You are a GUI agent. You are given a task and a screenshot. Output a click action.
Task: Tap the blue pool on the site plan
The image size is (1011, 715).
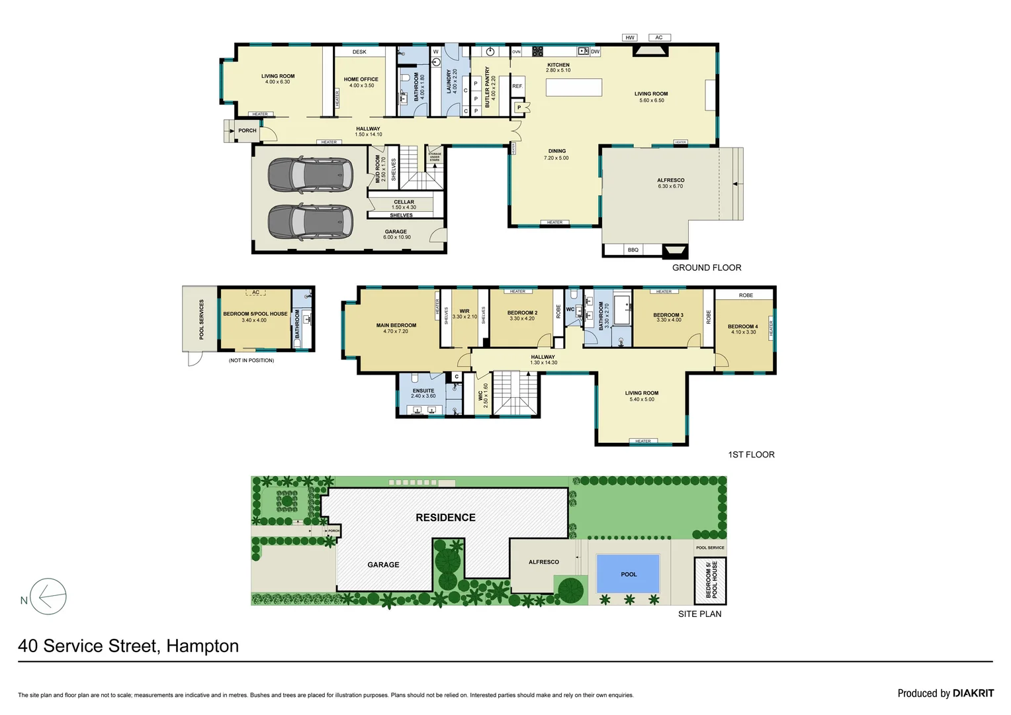[x=628, y=573]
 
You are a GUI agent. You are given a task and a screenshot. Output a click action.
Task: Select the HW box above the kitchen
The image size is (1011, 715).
[x=630, y=38]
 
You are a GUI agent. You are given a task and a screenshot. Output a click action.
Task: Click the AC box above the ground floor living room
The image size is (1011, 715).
[x=659, y=38]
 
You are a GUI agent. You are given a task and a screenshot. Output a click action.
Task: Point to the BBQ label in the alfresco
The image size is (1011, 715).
[x=633, y=250]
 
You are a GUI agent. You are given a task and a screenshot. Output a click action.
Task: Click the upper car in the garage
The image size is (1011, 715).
[x=310, y=175]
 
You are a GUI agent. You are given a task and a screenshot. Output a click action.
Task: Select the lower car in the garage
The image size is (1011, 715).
[x=310, y=221]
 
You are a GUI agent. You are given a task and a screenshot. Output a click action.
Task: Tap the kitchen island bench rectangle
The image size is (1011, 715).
[x=574, y=87]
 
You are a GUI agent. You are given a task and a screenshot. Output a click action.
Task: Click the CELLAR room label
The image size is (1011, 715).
[x=404, y=202]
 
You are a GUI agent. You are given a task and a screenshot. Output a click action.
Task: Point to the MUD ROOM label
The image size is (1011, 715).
[x=378, y=169]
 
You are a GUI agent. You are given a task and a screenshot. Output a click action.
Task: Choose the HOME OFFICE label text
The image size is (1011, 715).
[x=361, y=79]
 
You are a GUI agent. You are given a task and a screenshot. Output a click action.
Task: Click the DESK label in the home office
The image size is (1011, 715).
[x=359, y=52]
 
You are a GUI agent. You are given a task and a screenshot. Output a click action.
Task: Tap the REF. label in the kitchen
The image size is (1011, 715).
[x=517, y=86]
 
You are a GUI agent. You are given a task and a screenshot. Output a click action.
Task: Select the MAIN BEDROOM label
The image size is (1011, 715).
[x=396, y=325]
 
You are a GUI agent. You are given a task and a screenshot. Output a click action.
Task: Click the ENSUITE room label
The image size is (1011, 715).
[x=423, y=391]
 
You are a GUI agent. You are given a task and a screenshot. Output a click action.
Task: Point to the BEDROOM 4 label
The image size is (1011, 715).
[x=742, y=326]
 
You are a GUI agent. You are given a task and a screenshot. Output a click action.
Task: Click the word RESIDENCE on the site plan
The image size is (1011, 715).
[x=445, y=518]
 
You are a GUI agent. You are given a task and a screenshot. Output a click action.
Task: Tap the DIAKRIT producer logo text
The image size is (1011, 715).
[x=973, y=693]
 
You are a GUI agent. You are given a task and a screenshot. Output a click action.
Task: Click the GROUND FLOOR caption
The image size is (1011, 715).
[x=707, y=267]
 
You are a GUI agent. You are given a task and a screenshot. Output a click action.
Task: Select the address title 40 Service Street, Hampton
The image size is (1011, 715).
[x=128, y=646]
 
